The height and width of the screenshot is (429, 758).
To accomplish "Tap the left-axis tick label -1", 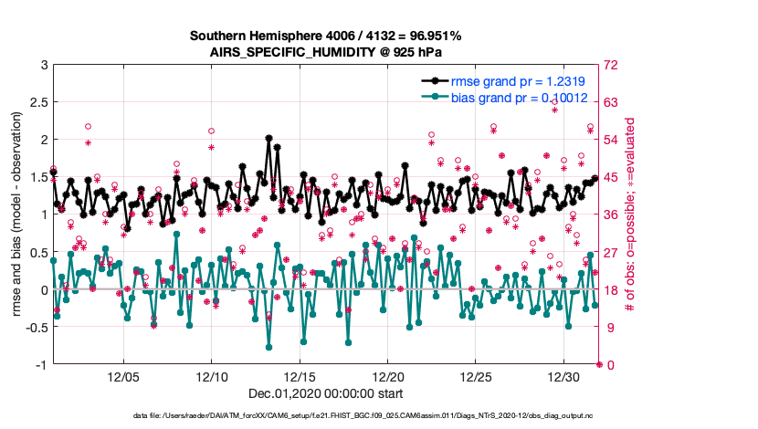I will click(x=40, y=365).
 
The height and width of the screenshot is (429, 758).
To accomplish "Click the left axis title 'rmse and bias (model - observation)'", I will click(x=16, y=214).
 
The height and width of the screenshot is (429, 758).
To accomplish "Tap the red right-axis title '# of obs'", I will click(x=629, y=214).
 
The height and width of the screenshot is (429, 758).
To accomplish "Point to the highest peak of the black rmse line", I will click(x=268, y=139).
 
